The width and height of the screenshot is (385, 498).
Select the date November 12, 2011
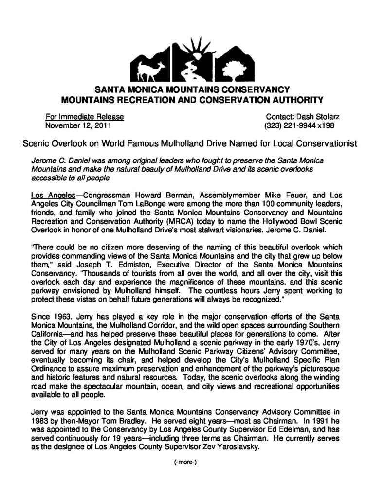[x=78, y=125]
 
